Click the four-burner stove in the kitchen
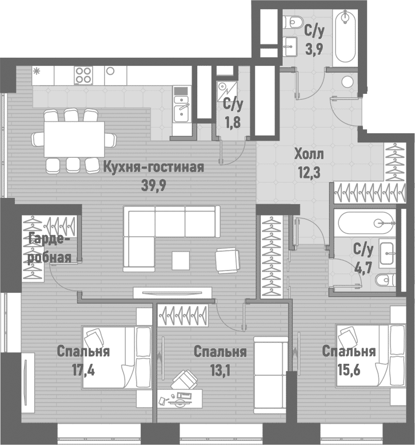click(84, 76)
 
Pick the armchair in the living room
click(229, 260)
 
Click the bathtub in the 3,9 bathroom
click(345, 37)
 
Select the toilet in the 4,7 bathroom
click(386, 280)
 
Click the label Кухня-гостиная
click(154, 167)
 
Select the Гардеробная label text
click(49, 248)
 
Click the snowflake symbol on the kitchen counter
click(37, 72)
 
